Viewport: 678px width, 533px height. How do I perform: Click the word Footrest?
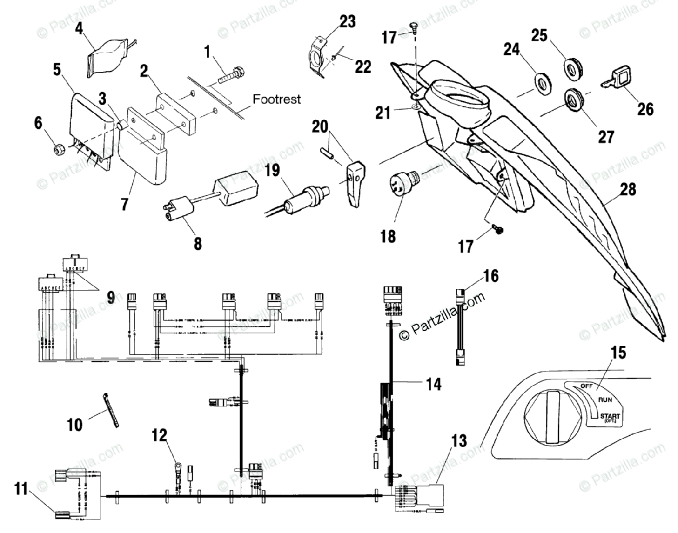coord(276,99)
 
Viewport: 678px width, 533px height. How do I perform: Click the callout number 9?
coord(111,296)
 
